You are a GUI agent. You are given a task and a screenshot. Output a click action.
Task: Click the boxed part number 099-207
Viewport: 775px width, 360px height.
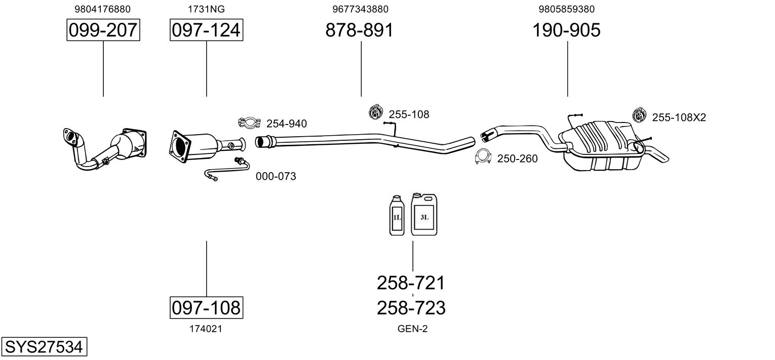103,30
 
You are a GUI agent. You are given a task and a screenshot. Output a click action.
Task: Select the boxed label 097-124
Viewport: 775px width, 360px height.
206,30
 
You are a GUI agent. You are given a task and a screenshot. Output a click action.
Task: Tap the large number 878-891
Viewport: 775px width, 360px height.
359,30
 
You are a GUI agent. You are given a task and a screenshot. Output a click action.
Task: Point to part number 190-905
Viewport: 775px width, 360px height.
566,30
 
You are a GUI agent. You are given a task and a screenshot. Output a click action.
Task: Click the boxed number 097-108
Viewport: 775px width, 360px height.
206,307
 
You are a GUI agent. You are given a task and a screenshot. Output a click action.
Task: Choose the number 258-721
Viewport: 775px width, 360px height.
411,283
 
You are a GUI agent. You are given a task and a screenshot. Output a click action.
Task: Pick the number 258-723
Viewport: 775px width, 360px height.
411,308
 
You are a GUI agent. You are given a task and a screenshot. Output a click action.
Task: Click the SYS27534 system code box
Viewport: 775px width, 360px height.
44,346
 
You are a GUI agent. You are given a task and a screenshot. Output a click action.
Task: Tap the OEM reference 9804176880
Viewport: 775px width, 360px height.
103,9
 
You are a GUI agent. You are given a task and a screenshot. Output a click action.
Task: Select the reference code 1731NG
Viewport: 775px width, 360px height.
206,9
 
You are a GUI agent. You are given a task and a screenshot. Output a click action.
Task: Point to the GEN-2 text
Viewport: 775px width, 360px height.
412,329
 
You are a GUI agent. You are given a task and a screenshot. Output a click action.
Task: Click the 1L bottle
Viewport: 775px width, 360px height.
397,216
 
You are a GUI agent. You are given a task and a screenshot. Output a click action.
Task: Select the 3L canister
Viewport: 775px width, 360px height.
424,214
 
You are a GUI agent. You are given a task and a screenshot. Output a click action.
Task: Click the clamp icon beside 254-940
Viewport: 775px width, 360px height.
249,123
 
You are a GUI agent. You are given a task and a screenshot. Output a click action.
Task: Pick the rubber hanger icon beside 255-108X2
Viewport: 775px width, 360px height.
639,115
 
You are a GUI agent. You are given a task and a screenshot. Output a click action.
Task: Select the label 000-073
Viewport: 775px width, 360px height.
276,176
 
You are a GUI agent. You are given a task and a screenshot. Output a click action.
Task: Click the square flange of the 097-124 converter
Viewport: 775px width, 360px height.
180,147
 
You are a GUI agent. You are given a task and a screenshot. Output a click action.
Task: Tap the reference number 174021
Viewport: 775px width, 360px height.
206,329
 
